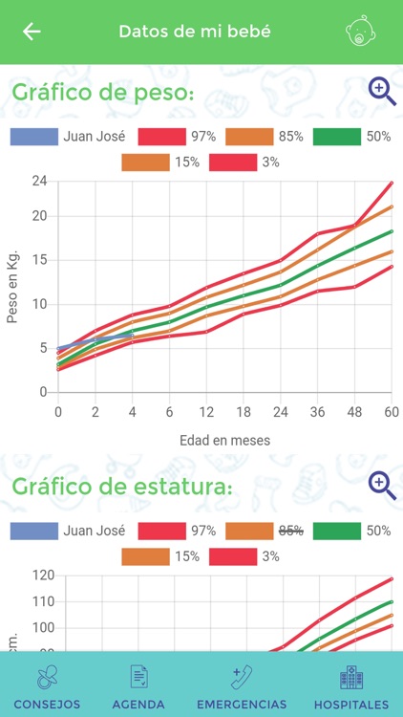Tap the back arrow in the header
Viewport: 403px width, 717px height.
tap(32, 32)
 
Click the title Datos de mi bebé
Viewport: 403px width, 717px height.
tap(195, 32)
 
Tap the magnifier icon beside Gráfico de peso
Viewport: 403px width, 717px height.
tap(382, 91)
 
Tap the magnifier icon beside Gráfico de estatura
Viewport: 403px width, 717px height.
tap(382, 486)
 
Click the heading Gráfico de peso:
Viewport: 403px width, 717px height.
tap(103, 93)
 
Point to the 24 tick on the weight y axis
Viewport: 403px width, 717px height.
tap(39, 181)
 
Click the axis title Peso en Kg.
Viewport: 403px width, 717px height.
tap(13, 286)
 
